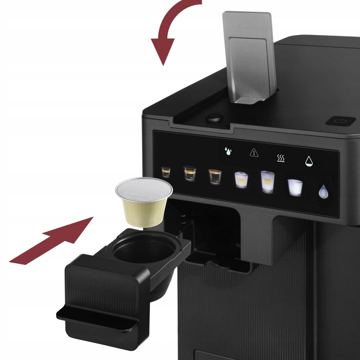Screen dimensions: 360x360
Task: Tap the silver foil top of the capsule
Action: (144, 189)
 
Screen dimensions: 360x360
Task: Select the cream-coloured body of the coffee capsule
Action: (142, 212)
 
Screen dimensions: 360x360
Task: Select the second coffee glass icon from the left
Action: (189, 173)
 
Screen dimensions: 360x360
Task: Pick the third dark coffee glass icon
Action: (215, 176)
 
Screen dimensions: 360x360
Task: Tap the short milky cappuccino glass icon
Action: (241, 179)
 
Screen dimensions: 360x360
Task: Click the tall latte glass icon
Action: (267, 182)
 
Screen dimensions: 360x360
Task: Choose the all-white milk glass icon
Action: (295, 187)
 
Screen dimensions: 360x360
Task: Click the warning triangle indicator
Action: (253, 151)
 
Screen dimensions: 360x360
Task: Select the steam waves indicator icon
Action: (281, 157)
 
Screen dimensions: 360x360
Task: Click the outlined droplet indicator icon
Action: (309, 161)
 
